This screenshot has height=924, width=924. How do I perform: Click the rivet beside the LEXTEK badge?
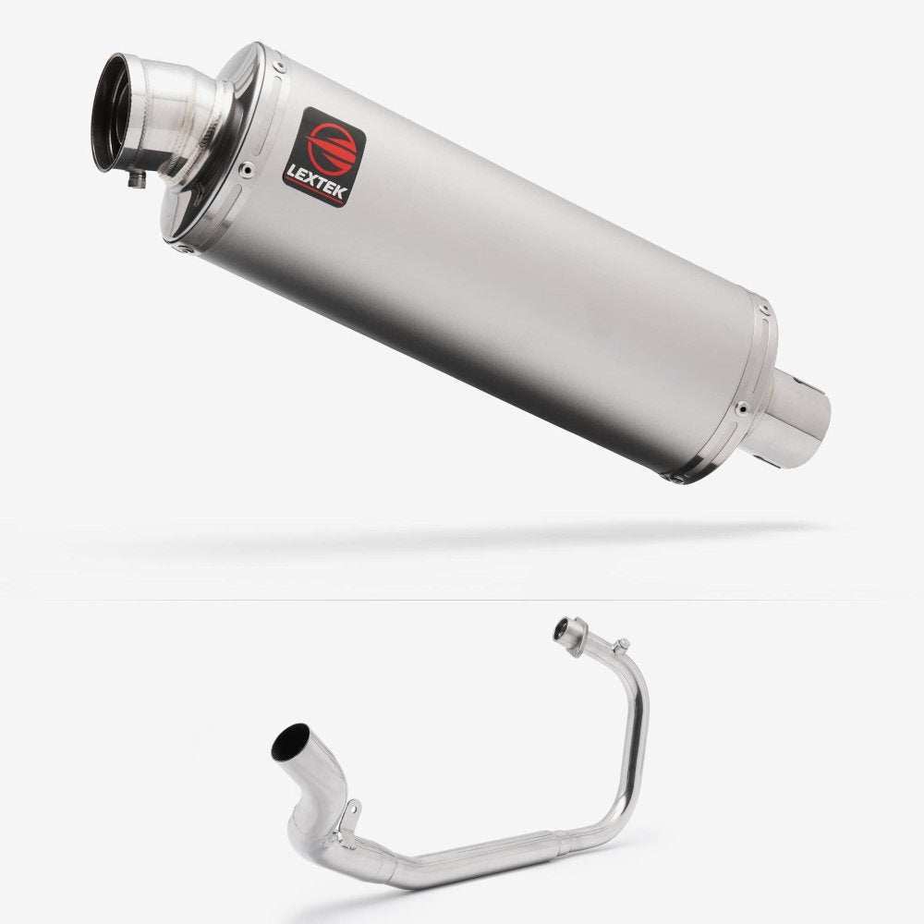pos(246,169)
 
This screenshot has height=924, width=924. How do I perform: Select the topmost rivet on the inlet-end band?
pos(278,64)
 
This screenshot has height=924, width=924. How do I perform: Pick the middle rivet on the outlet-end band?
pos(741,407)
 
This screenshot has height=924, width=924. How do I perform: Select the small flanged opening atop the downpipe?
pos(563,631)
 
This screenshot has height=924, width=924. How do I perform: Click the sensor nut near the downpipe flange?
pos(622,645)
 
